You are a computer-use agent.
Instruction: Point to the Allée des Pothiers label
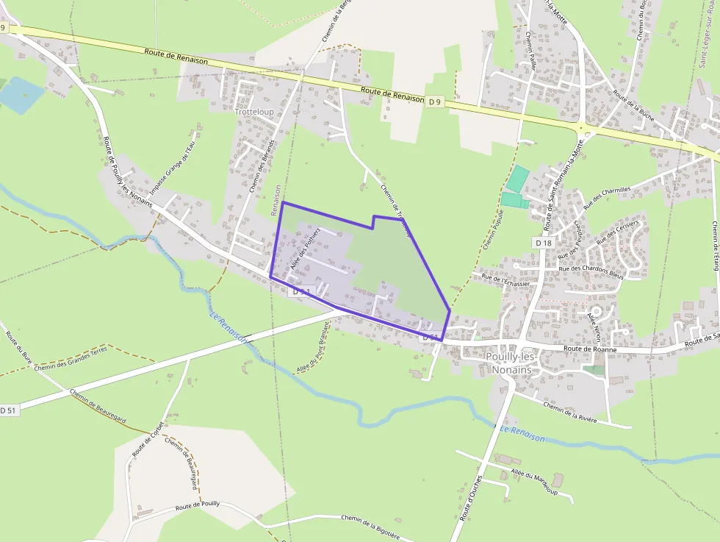point(305,250)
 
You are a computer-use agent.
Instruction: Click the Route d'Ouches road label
point(471,498)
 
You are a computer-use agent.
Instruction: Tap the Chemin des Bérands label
point(262,165)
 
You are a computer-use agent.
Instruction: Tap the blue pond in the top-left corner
point(21,94)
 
